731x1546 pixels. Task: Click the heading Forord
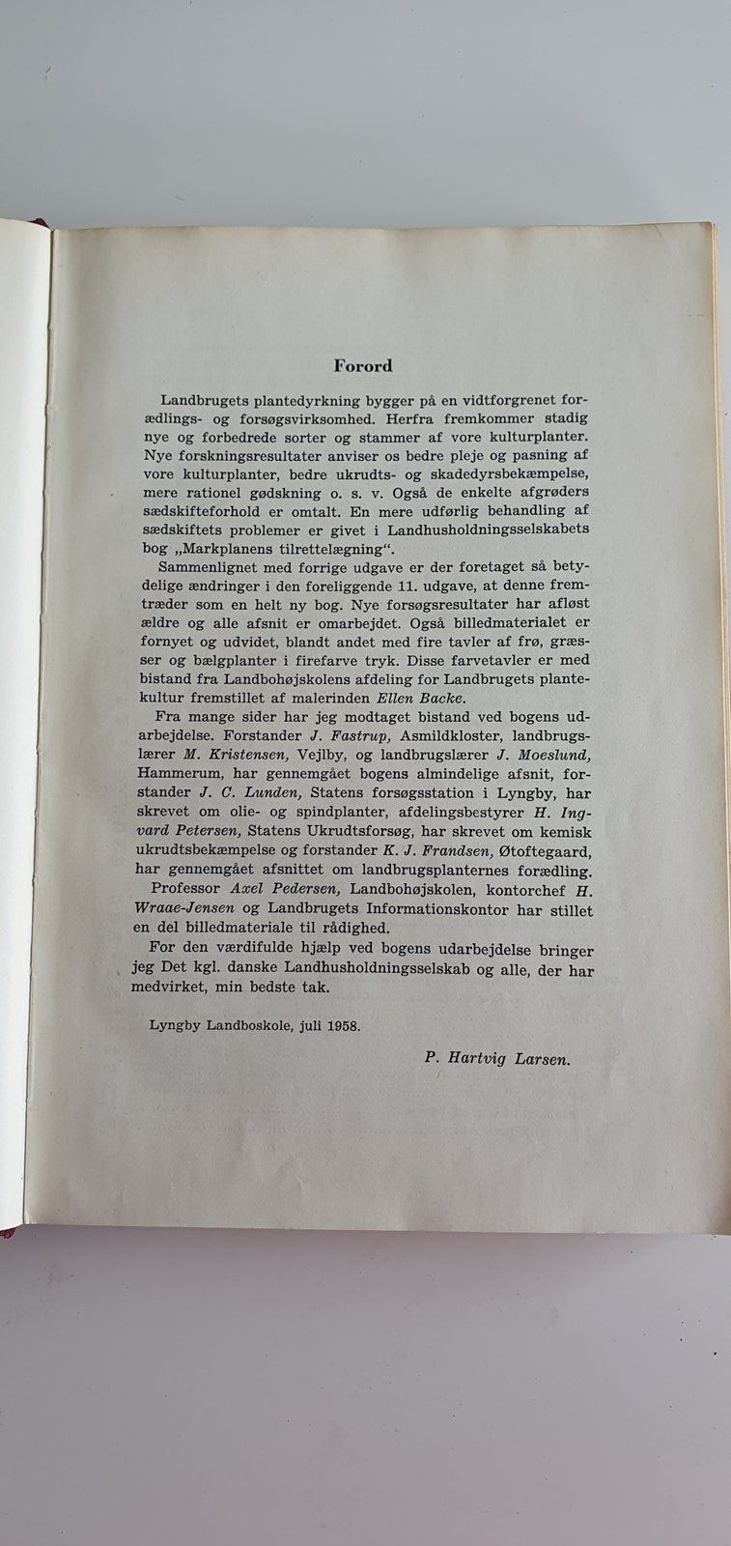[363, 366]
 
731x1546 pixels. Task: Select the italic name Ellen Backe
[400, 698]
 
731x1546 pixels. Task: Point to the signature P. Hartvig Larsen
[497, 1057]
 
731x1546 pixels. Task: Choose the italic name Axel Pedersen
[285, 887]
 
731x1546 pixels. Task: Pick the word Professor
[189, 887]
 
